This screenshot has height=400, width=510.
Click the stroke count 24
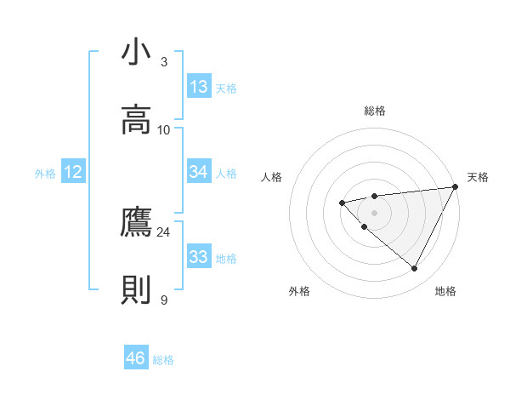[x=163, y=231]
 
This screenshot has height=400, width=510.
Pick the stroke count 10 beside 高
[x=164, y=129]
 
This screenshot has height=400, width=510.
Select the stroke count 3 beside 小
[x=164, y=61]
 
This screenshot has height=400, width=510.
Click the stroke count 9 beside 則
[x=164, y=300]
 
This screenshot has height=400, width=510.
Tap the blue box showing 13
[x=199, y=87]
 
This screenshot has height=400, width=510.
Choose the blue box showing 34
[x=199, y=172]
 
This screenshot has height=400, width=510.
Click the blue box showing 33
[x=199, y=257]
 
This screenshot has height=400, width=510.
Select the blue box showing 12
[x=73, y=172]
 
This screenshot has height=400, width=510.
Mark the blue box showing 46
[x=136, y=358]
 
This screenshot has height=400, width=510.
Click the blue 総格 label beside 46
[x=163, y=360]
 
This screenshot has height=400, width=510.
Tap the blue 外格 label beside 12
[x=45, y=174]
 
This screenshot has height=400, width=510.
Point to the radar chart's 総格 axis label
[x=374, y=111]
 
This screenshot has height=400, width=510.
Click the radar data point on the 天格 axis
[x=456, y=187]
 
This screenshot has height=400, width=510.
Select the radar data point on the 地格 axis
[x=415, y=269]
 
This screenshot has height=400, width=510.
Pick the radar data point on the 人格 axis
[x=342, y=202]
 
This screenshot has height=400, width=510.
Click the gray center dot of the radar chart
[x=374, y=212]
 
